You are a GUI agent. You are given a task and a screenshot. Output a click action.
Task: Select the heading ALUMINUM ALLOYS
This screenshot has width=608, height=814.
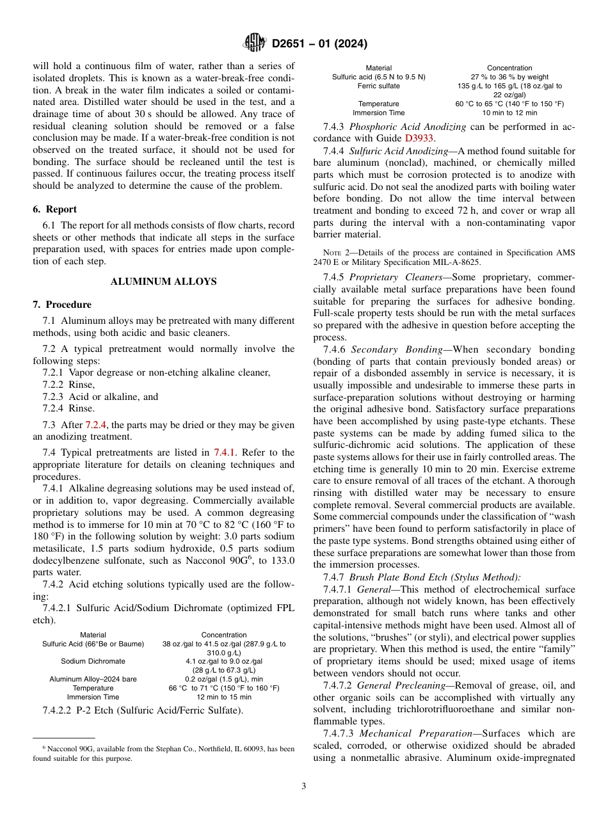click(164, 282)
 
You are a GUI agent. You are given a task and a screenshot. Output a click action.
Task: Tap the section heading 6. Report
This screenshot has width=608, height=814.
click(55, 209)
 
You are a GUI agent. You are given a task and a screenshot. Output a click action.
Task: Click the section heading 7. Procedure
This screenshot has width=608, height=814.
click(62, 305)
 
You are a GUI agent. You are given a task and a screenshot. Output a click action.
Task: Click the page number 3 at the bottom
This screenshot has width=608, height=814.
click(304, 786)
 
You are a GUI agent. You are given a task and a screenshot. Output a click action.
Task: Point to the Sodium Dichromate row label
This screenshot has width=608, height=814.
click(93, 661)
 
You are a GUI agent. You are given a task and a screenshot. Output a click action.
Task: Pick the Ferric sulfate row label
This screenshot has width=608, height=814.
click(379, 86)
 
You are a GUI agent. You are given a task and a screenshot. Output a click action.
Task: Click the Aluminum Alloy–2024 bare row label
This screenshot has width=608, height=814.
click(93, 679)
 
